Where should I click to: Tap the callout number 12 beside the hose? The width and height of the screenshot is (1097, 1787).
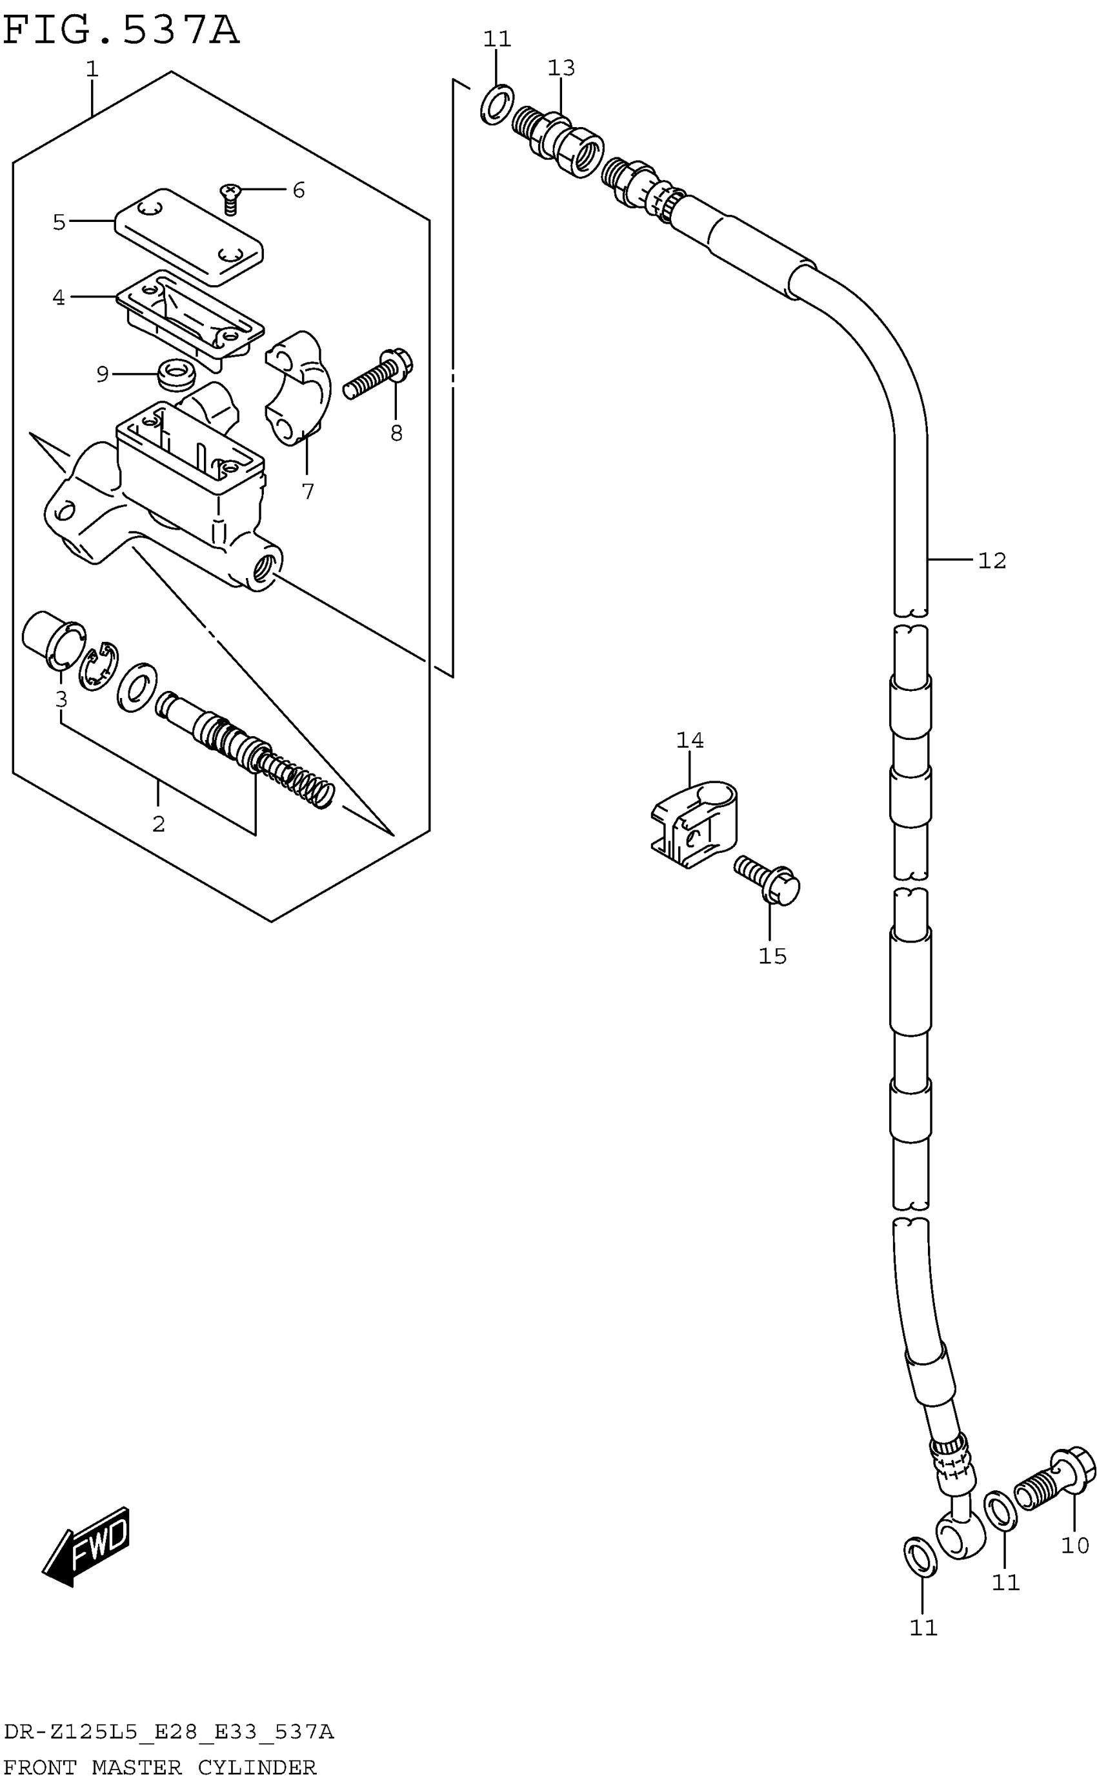pyautogui.click(x=992, y=561)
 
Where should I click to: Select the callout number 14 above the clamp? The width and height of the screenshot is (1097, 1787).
pyautogui.click(x=689, y=741)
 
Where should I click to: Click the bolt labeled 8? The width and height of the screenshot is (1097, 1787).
pyautogui.click(x=377, y=373)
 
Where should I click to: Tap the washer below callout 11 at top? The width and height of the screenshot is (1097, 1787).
pyautogui.click(x=497, y=105)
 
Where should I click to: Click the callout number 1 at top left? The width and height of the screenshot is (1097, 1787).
pyautogui.click(x=92, y=70)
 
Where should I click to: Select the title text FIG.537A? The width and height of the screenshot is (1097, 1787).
pyautogui.click(x=121, y=30)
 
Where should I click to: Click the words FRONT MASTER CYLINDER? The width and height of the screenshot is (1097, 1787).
pyautogui.click(x=159, y=1768)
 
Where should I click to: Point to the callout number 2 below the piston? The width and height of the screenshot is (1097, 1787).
pyautogui.click(x=158, y=824)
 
